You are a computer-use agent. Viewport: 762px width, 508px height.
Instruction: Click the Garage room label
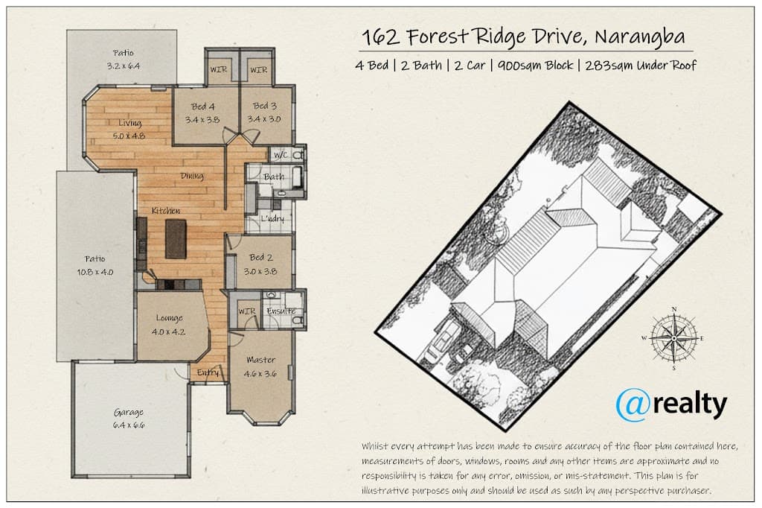coord(129,413)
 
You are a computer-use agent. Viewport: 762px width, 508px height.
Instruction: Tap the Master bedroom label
coord(260,360)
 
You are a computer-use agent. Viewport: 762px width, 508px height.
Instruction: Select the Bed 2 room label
coord(261,258)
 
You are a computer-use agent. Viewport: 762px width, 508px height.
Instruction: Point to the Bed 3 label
coord(264,106)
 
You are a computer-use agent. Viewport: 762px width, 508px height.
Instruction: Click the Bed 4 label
coord(202,106)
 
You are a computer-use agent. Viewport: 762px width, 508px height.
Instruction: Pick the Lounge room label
coord(169,318)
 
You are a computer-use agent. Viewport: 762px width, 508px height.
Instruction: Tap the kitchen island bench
coord(176,238)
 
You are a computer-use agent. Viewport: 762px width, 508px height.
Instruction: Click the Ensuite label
coord(281,311)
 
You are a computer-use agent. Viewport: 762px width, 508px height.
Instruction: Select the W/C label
coord(281,155)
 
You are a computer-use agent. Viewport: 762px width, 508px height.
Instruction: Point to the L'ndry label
coord(272,218)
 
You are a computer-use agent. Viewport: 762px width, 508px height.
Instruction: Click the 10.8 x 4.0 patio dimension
coord(95,272)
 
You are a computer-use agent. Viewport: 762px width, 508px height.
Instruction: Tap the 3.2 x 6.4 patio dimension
coord(124,66)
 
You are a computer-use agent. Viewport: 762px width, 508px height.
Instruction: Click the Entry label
coord(208,372)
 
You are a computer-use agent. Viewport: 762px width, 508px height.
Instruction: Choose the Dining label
coord(192,176)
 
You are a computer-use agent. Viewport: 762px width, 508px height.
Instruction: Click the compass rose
coord(674,338)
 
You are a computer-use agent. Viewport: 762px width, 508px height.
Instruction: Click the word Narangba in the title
coord(639,37)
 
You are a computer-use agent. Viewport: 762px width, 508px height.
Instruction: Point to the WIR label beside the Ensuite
coord(247,311)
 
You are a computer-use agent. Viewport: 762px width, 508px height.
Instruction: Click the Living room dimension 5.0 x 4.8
coord(129,136)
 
